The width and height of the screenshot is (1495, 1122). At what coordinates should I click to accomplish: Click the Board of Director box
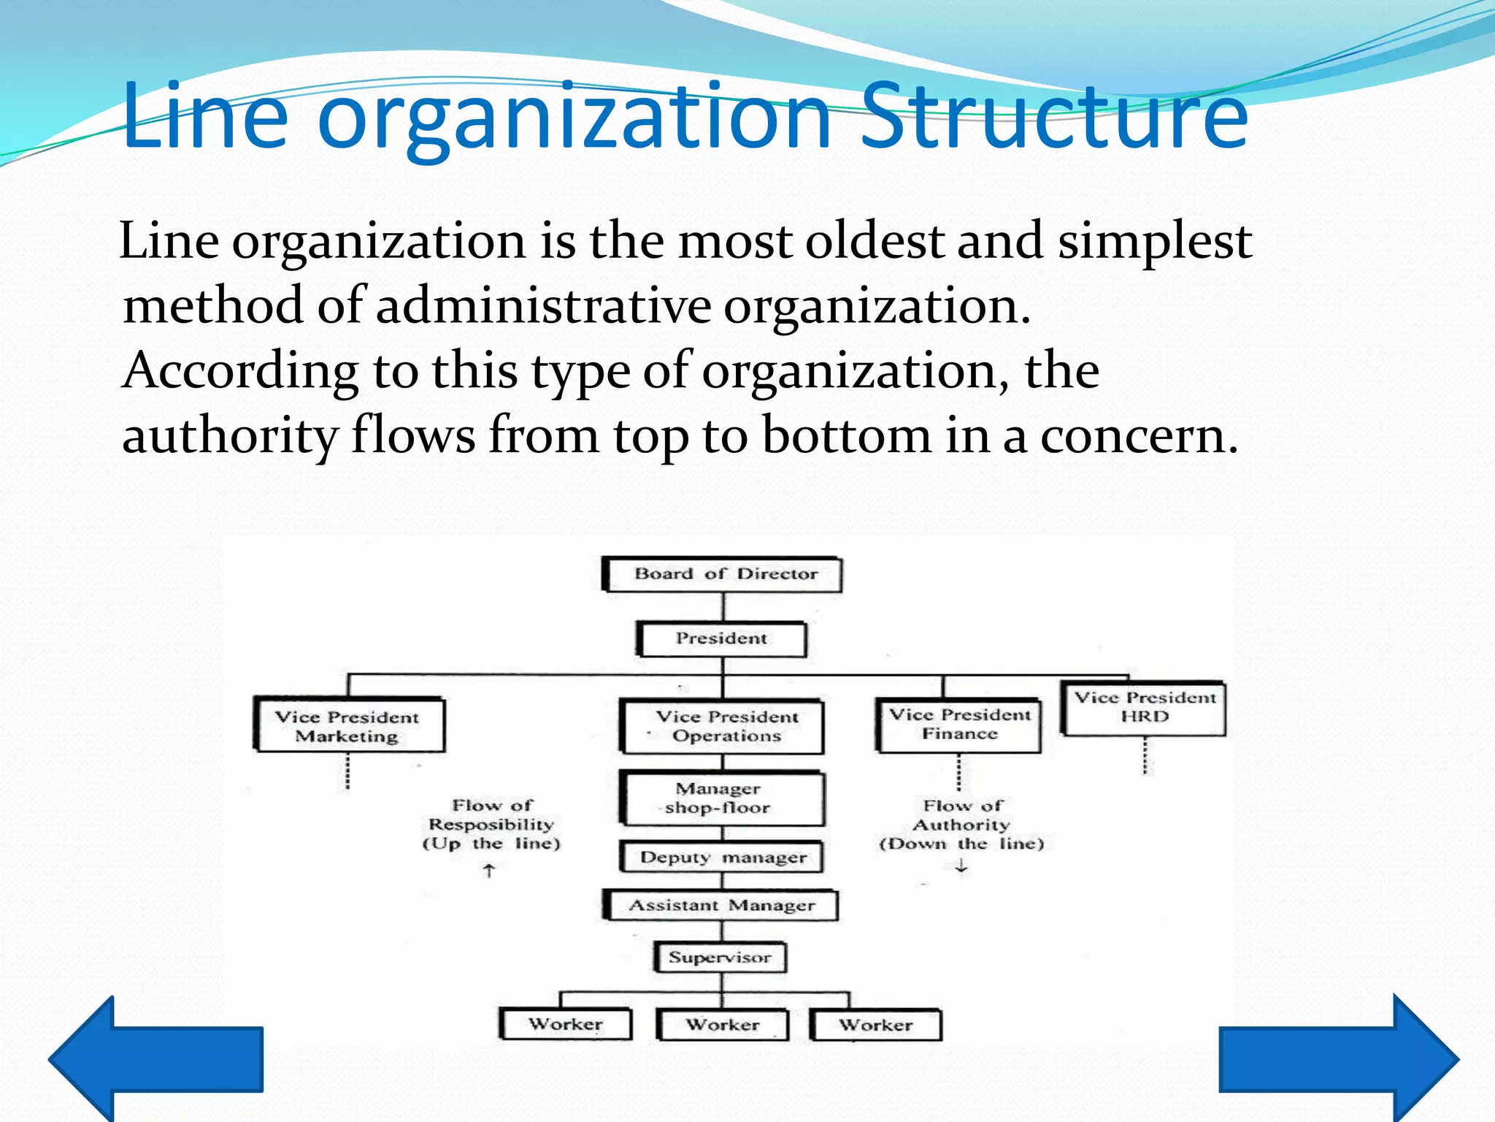[722, 574]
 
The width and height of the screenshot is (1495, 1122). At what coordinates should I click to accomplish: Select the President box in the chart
[722, 639]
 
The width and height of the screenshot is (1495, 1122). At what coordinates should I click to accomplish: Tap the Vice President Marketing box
[349, 725]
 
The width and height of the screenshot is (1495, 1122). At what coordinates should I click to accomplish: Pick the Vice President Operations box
[722, 726]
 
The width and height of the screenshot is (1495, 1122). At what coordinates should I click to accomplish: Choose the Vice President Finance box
[959, 725]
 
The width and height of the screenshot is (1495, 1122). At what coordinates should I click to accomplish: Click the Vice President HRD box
[1145, 708]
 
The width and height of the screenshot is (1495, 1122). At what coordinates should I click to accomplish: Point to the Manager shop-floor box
[722, 798]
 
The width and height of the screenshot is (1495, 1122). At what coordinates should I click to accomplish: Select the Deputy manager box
[722, 857]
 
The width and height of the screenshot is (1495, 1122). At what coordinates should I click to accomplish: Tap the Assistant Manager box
[721, 906]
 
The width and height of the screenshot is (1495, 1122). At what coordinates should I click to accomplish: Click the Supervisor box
[720, 958]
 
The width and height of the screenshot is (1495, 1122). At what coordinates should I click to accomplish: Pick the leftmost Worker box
[566, 1024]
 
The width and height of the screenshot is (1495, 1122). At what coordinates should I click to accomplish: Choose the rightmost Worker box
[876, 1025]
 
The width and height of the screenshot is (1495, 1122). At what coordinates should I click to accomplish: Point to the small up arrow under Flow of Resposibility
[489, 870]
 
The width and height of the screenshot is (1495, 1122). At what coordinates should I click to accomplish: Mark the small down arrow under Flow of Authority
[961, 866]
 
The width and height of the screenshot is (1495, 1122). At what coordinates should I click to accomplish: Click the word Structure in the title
[1055, 117]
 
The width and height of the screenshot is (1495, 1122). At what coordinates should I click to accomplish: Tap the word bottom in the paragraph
[847, 436]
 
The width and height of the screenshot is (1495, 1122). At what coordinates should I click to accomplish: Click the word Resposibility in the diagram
[491, 825]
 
